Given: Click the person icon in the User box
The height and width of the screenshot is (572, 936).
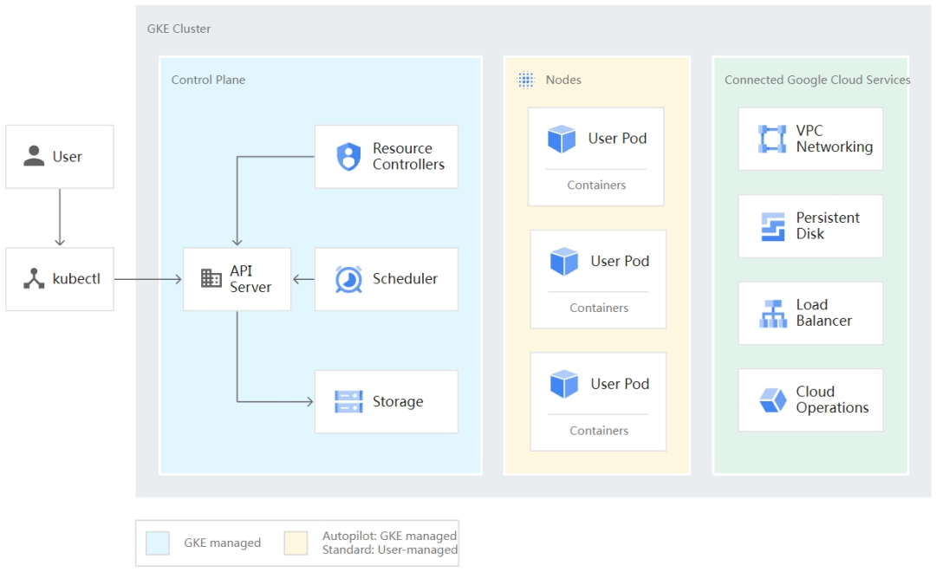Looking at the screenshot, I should click(34, 156).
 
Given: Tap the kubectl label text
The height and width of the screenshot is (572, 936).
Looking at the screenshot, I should click(76, 279).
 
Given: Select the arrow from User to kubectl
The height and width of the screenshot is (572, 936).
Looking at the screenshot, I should click(59, 218).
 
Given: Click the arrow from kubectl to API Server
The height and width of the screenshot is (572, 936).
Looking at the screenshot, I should click(148, 279).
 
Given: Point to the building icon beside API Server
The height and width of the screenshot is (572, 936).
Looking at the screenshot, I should click(211, 278).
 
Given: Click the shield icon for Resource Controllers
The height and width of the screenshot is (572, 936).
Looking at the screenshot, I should click(348, 157).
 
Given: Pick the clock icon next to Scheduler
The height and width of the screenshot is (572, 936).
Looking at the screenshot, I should click(348, 279).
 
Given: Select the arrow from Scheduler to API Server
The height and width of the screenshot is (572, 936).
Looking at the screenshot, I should click(303, 279).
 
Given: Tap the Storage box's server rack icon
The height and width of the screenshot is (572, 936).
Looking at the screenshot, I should click(348, 401).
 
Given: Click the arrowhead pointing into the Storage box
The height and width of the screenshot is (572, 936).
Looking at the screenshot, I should click(309, 401).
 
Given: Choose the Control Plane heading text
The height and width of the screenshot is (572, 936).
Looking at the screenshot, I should click(208, 80).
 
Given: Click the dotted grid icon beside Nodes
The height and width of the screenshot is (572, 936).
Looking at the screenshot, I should click(526, 80).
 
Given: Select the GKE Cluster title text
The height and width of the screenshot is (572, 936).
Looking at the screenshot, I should click(179, 29).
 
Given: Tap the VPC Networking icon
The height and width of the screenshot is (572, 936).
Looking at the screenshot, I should click(771, 139).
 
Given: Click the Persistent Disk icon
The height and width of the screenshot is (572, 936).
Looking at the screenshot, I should click(771, 226).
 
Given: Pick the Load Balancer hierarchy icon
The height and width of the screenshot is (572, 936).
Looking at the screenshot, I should click(772, 313).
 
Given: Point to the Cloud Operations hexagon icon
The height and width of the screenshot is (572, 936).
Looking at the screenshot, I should click(772, 400).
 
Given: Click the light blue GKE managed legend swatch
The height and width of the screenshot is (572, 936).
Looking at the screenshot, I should click(159, 543).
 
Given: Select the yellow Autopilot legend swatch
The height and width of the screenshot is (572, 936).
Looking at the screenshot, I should click(296, 543).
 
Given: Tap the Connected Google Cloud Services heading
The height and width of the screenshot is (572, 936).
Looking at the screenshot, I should click(817, 80).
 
